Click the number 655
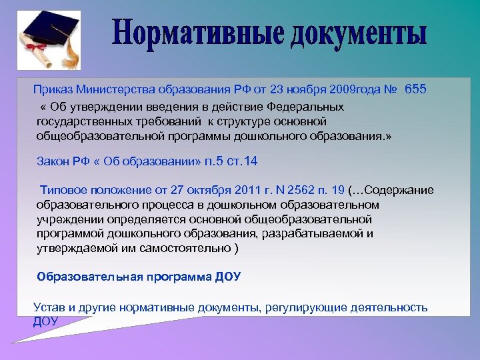(415, 89)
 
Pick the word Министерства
(115, 89)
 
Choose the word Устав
(48, 307)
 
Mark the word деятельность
(393, 307)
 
